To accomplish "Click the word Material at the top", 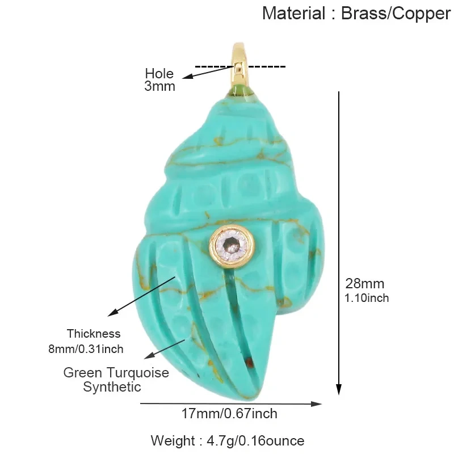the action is (293, 13).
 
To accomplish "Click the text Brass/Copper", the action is (396, 14).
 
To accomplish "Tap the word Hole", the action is (159, 74).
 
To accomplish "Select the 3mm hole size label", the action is (160, 86).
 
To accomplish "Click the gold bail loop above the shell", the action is (239, 67).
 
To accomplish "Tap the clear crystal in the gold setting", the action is (232, 244).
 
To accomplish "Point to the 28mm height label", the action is (365, 284).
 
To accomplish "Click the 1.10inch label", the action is (367, 299).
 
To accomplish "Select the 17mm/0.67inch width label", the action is (229, 414).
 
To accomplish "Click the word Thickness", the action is (94, 334).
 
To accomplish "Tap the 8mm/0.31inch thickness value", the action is (86, 349).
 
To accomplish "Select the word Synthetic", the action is (112, 387).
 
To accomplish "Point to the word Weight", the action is (173, 441).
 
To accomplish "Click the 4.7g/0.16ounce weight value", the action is (255, 441).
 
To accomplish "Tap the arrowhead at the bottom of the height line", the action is (339, 389).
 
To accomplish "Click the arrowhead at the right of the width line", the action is (316, 404).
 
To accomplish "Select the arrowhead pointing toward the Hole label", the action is (188, 77).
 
